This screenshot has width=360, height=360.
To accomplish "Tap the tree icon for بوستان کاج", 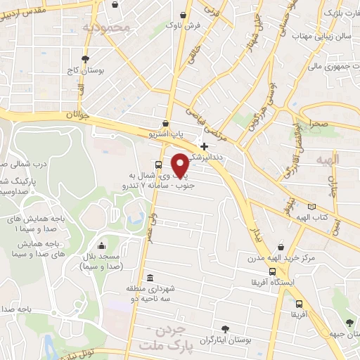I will pos(86,59).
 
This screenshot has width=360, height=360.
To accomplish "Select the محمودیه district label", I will pos(107,28).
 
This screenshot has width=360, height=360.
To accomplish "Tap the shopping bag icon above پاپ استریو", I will pos(165,124).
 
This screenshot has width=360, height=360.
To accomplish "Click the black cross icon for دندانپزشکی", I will pos(204,146).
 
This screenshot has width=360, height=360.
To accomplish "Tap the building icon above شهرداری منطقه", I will pos(149,277).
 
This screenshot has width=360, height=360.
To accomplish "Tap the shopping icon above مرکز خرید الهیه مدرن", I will pos(281,247).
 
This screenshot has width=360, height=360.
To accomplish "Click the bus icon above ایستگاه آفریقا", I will pos(272,272).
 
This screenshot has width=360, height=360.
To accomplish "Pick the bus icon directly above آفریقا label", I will pos(300,304).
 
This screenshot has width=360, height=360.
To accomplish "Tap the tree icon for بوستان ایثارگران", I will pos(224,328).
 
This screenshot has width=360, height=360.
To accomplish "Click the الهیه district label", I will pos(327,160).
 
